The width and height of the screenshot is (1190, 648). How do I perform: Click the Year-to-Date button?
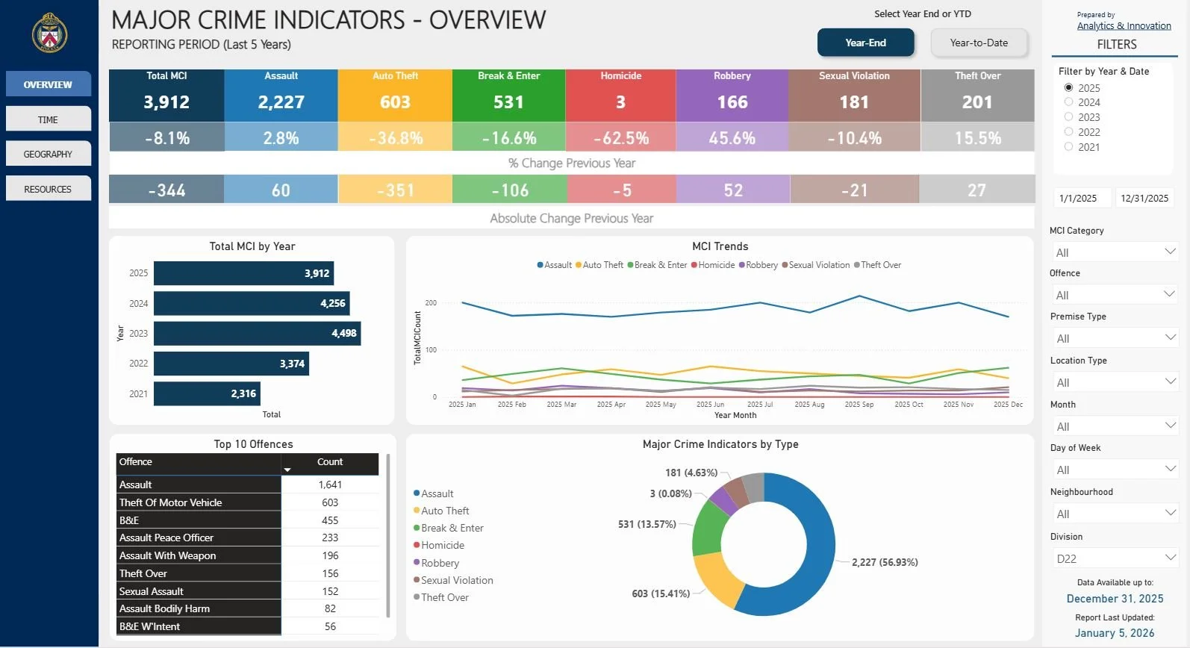pos(979,43)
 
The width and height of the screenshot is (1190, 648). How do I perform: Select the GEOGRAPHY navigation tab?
pos(48,154)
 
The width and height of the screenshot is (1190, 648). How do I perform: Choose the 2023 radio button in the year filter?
pos(1069,117)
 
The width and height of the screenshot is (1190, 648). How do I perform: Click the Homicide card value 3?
pos(620,102)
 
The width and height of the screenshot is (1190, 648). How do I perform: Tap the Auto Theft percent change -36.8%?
pos(395,138)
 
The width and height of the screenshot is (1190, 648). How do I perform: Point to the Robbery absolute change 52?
pos(732,190)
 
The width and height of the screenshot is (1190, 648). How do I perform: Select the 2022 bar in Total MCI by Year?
pos(231,364)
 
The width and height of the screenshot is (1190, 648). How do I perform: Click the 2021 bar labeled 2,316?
pos(207,393)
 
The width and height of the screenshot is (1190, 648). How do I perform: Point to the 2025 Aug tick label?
pos(809,405)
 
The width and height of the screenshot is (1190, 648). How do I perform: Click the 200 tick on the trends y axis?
pos(431,303)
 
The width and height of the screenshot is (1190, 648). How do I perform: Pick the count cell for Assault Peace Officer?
pos(330,538)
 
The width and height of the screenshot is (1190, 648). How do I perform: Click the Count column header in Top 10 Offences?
pos(330,462)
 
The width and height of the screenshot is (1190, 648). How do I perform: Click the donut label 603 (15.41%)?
pos(661,594)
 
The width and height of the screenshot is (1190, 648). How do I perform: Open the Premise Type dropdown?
pos(1113,338)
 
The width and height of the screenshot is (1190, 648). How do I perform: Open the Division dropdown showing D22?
pos(1113,558)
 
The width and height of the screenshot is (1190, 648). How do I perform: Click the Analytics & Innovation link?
pos(1124,26)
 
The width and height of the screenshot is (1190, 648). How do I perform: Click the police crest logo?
pos(49,33)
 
